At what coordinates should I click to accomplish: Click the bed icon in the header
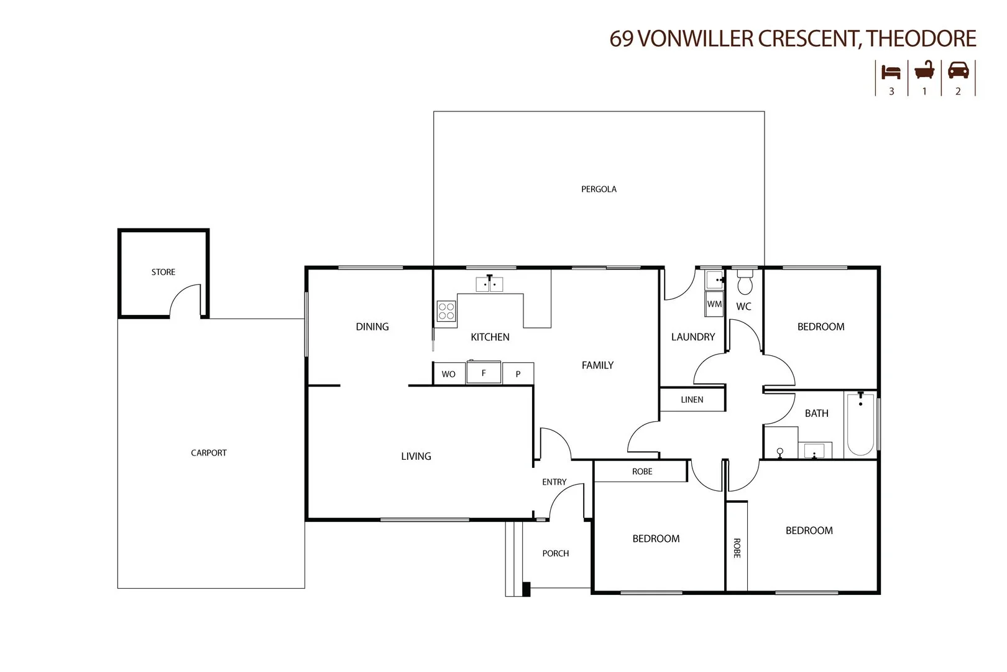click(891, 72)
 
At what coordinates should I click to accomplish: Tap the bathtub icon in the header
click(924, 70)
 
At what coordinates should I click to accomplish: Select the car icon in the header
click(958, 70)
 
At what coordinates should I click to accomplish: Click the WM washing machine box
click(714, 304)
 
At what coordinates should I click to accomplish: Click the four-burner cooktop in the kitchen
click(446, 310)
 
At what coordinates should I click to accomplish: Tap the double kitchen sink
click(489, 284)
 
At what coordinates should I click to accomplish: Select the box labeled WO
click(448, 374)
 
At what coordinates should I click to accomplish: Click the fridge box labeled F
click(484, 373)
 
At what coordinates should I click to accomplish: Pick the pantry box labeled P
click(518, 374)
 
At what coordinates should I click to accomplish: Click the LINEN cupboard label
click(692, 399)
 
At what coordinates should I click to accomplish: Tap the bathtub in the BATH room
click(860, 424)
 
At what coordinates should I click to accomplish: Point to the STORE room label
click(163, 272)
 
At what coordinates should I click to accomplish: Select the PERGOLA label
click(599, 189)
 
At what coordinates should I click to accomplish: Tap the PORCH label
click(555, 553)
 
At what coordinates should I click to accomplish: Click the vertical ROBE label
click(737, 548)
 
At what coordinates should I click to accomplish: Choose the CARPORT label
click(208, 453)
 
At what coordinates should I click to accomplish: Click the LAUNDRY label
click(692, 337)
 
